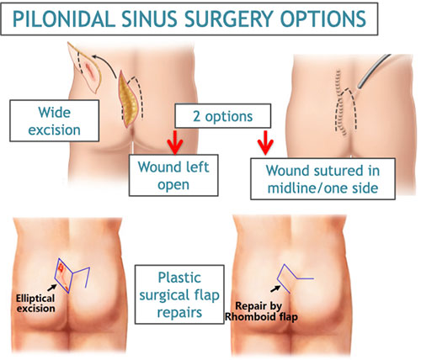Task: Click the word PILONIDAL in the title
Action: (64, 19)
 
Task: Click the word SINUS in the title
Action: (149, 19)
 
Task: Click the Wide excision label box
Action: (55, 120)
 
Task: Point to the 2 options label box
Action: (223, 116)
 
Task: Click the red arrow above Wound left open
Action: (175, 142)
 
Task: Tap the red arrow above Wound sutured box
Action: (265, 142)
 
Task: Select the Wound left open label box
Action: (173, 175)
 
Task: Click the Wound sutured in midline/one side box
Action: (322, 179)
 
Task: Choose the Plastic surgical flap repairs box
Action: (179, 294)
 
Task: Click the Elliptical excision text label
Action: (35, 303)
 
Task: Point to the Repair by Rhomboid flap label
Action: (261, 311)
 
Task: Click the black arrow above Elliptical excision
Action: (51, 288)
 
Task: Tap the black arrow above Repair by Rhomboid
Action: (275, 289)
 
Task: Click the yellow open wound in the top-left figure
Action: (127, 99)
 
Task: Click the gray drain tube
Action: (373, 71)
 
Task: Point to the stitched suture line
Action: (340, 103)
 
